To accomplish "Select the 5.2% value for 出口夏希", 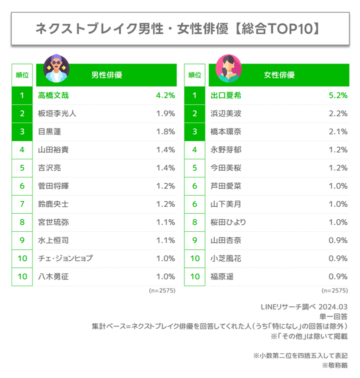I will tap(336, 95).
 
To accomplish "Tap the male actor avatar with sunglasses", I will tap(56, 69).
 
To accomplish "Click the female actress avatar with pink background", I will tap(228, 69).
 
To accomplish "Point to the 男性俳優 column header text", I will tap(106, 75).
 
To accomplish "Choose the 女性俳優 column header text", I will tap(279, 75).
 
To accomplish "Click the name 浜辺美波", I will tap(226, 114).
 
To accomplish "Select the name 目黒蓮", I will tap(49, 132).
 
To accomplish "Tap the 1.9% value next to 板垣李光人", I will tap(165, 114).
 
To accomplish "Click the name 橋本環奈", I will tap(226, 132).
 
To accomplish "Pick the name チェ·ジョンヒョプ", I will tap(65, 258).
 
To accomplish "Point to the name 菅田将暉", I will tap(53, 186).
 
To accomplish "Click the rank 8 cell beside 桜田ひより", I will tap(194, 222).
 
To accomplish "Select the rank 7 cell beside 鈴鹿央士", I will tap(22, 204).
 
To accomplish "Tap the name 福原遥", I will tap(222, 276).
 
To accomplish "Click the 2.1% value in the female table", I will tap(338, 132).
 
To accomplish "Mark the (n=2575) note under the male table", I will tap(162, 290).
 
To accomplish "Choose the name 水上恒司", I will tap(53, 240).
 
